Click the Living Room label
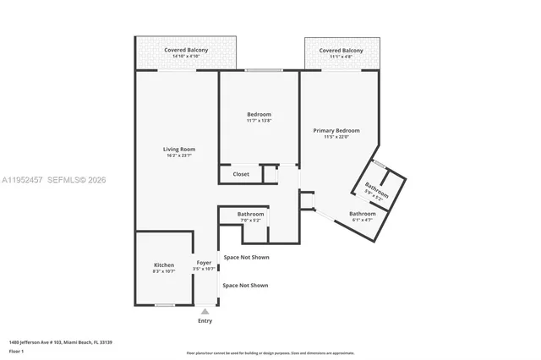178,150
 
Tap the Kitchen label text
163,265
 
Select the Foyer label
204,263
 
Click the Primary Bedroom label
336,130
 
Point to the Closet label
241,174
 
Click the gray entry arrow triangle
205,312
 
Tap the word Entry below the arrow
205,321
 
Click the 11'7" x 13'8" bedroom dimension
259,121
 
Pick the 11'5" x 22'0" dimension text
336,137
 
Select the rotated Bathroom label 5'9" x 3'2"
376,190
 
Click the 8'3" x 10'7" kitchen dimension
163,271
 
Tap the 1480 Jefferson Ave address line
61,342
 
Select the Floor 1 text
17,351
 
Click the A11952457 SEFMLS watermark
54,180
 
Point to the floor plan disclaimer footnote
281,353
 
